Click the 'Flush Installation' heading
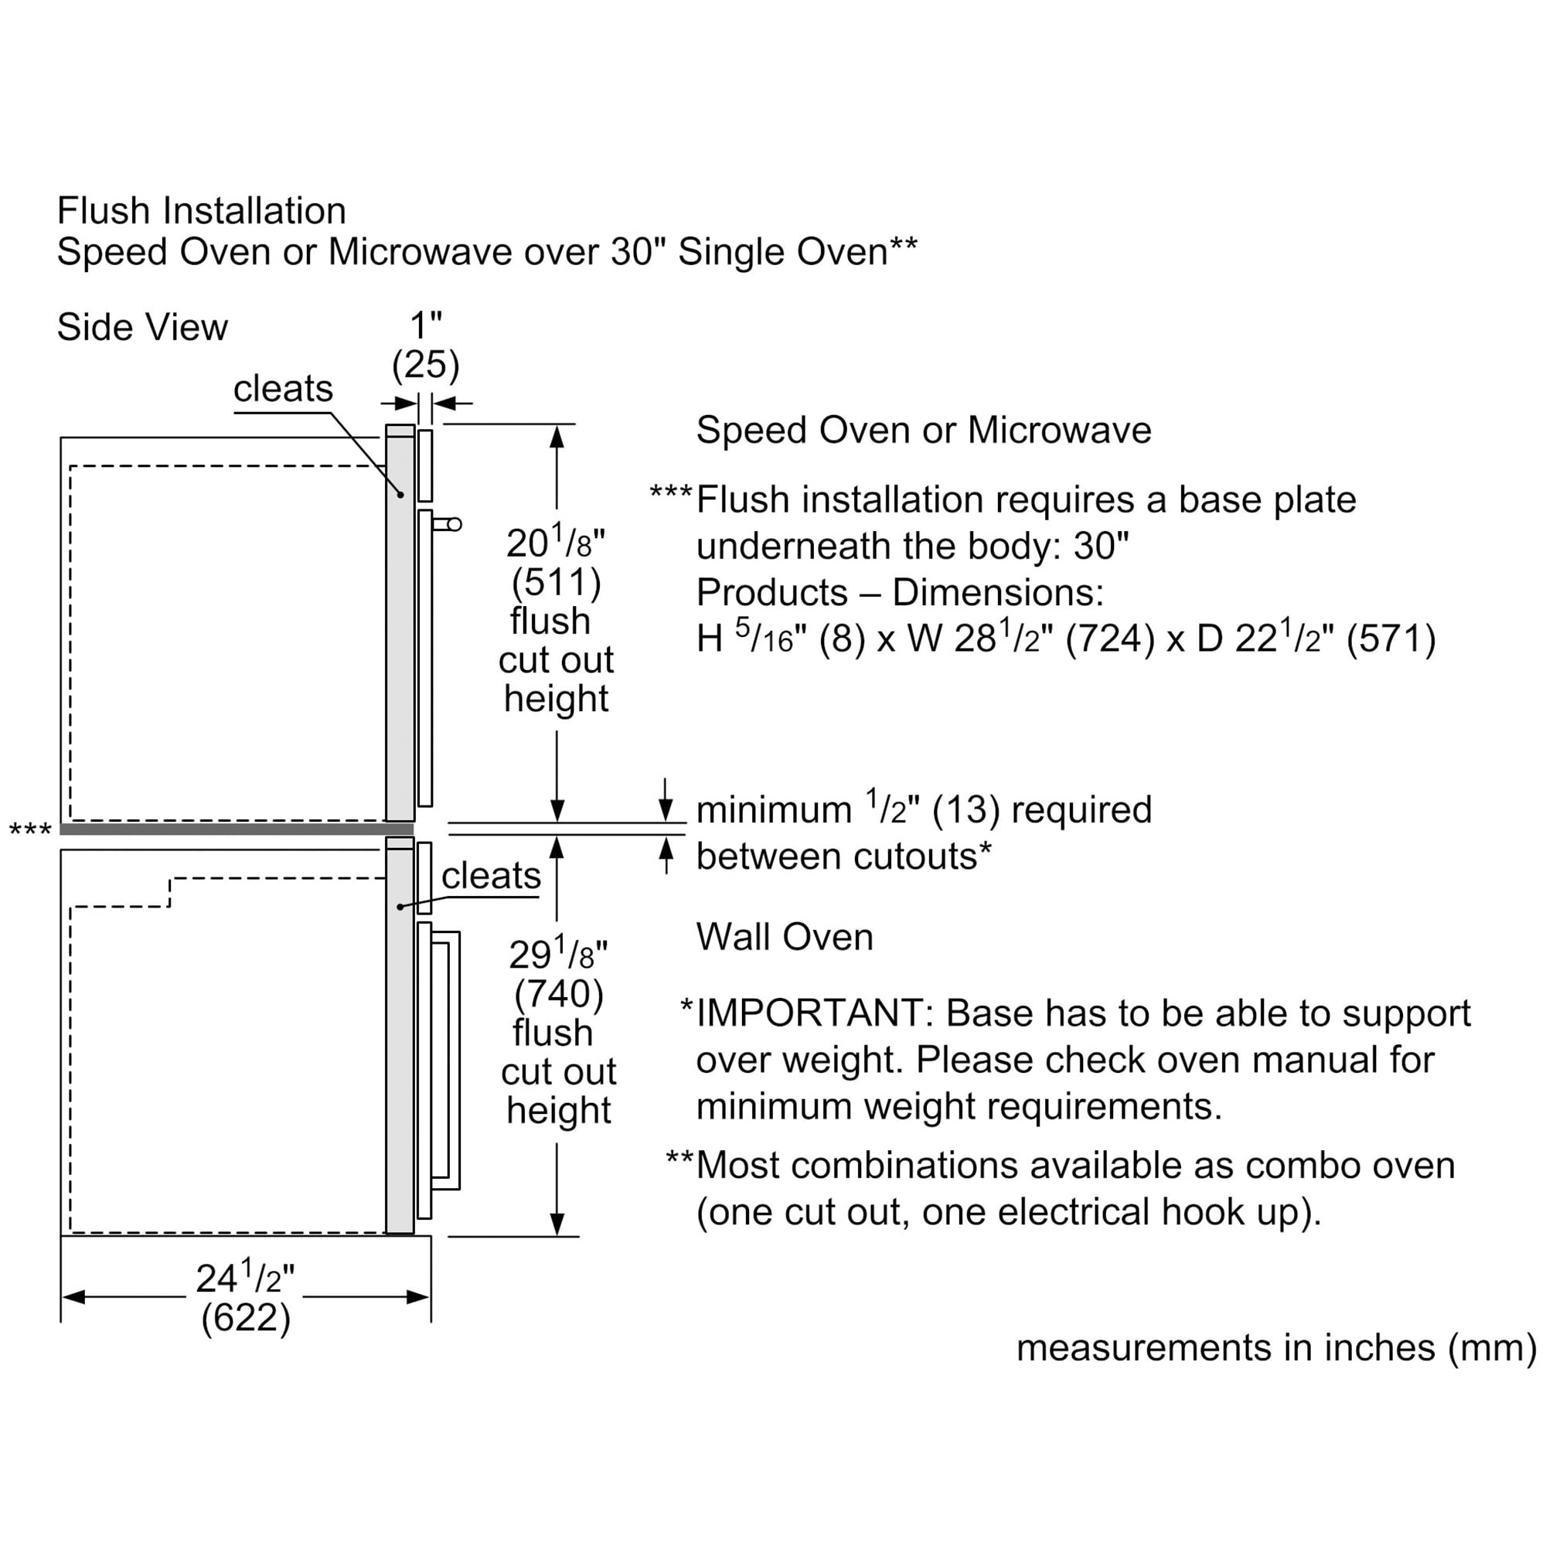201,211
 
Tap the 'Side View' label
141,327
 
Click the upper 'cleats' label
282,389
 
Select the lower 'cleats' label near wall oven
491,876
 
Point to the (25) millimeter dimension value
425,365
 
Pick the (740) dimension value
558,993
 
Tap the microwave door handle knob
455,524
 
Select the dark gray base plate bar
236,829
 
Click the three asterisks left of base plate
29,831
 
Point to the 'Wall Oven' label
784,937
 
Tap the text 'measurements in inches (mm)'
1275,1347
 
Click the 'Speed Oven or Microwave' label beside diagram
924,431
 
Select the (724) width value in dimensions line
1110,639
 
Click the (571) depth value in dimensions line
1391,639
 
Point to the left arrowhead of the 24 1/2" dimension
72,1297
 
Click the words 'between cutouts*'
843,857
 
